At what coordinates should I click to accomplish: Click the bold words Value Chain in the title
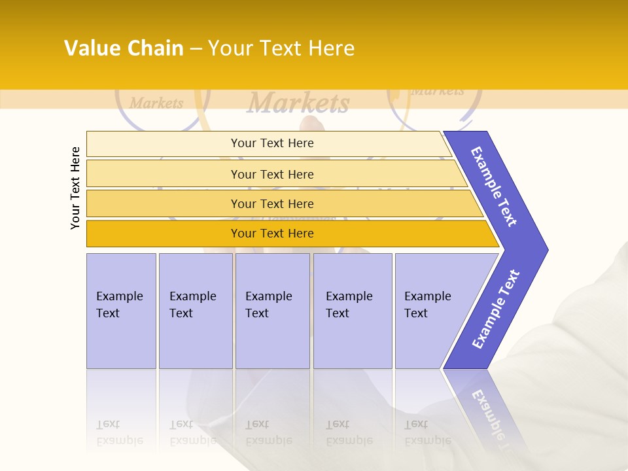click(124, 48)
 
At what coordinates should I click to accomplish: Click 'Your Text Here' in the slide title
click(281, 48)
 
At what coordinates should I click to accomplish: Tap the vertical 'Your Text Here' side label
click(75, 188)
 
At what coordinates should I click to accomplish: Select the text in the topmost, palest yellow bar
click(272, 143)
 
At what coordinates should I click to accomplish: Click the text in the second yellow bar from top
click(272, 174)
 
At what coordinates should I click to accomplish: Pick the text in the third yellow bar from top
click(272, 203)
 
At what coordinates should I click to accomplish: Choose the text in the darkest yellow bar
click(272, 234)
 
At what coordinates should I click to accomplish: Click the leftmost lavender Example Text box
click(120, 305)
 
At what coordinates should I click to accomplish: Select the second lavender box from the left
click(194, 305)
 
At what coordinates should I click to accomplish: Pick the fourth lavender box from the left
click(351, 305)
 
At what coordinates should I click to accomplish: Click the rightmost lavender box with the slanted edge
click(428, 305)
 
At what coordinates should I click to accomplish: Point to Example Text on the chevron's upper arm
click(494, 186)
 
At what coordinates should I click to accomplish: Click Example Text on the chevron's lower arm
click(496, 309)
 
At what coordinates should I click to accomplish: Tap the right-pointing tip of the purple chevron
click(543, 250)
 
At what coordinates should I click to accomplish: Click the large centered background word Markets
click(298, 103)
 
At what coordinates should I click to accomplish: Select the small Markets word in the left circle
click(156, 103)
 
